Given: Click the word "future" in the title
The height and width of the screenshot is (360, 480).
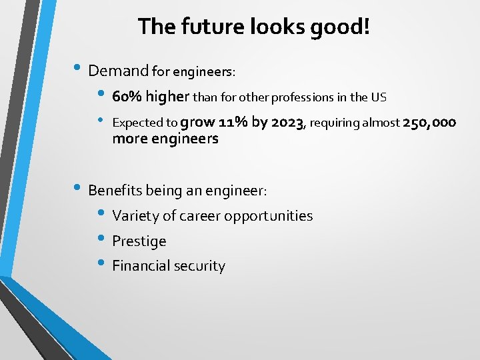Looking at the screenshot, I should point(203,27).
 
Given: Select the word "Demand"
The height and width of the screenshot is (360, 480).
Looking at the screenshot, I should point(118,71).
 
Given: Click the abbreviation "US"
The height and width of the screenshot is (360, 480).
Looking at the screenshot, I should point(379,97).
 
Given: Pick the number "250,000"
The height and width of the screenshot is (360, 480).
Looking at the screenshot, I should point(429,122).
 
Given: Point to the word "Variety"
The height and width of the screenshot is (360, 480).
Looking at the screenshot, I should point(136,216).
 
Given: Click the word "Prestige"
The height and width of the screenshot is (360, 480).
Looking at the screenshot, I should point(139,241).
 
